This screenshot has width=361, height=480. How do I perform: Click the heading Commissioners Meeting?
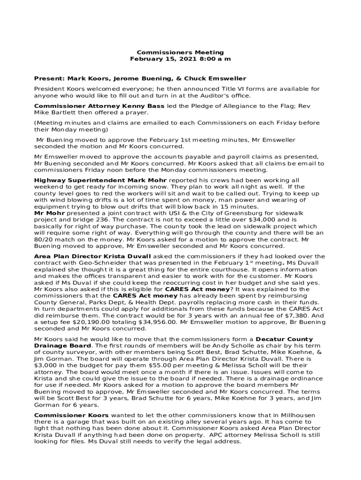coord(180,52)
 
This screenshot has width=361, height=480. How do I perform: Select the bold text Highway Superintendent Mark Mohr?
coord(100,180)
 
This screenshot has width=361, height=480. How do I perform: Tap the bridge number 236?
coord(98,219)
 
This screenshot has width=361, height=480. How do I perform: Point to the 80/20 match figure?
coord(44,239)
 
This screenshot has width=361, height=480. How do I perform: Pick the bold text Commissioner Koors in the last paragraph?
coord(71,415)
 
